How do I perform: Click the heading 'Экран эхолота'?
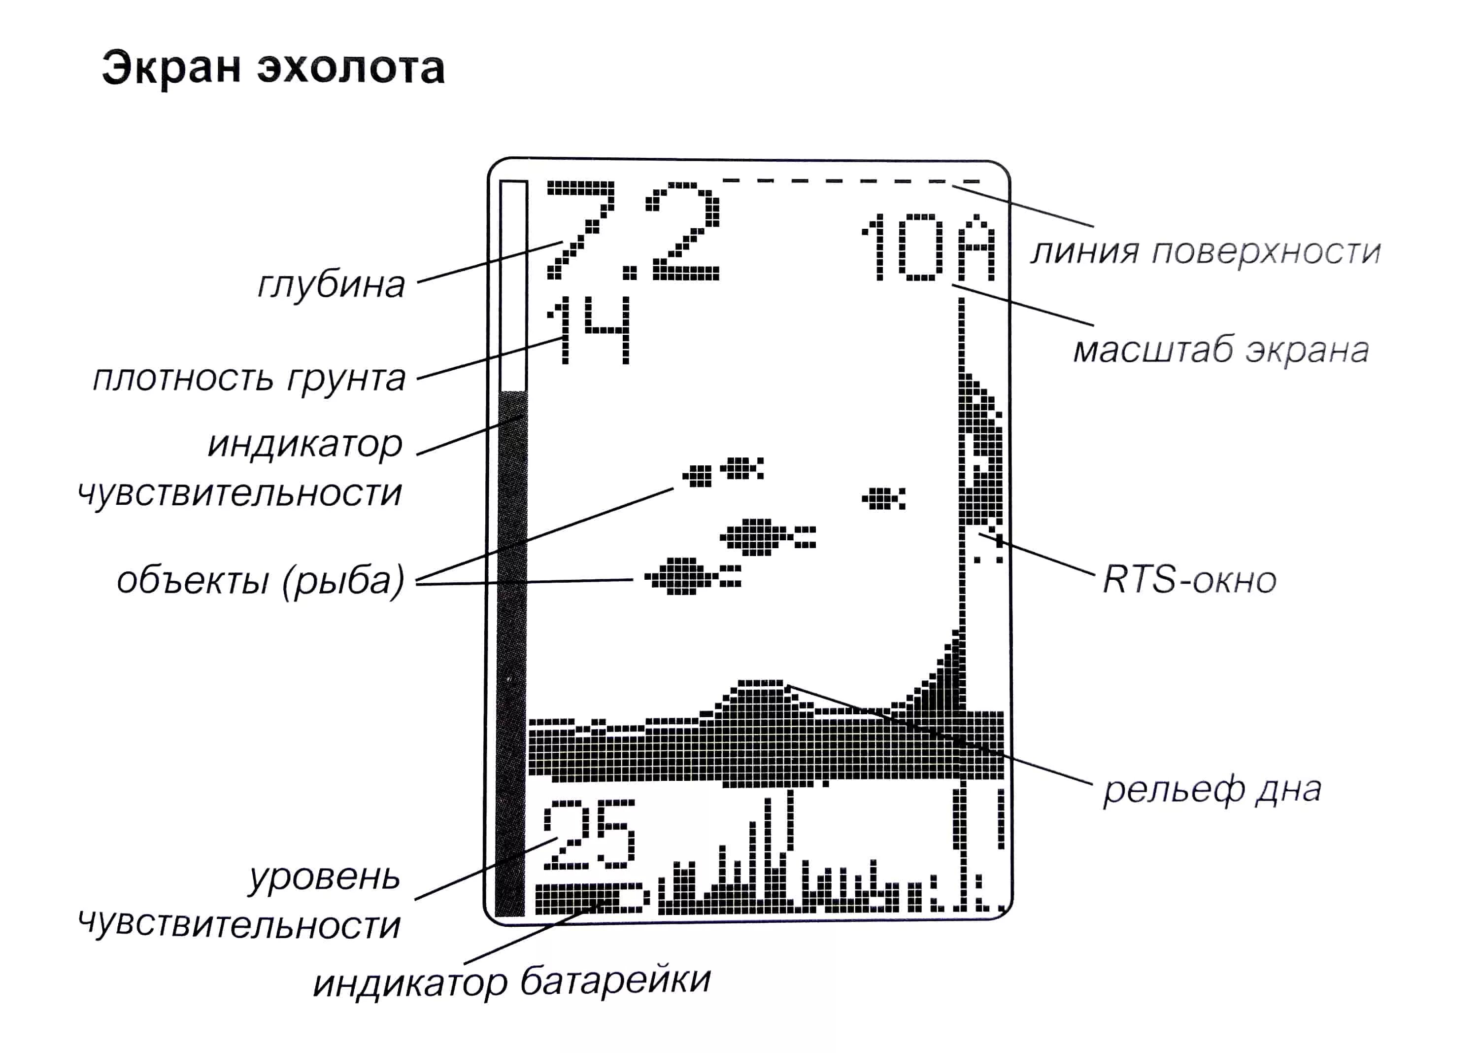[x=273, y=68]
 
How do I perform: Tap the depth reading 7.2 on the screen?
[x=633, y=232]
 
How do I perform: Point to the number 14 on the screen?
[x=588, y=330]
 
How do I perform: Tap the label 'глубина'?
[x=331, y=284]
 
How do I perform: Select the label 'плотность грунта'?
[x=249, y=378]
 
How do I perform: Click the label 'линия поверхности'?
[x=1205, y=251]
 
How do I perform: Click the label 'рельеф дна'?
[x=1211, y=790]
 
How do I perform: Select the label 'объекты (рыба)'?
[x=261, y=580]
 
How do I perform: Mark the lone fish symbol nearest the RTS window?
[x=883, y=498]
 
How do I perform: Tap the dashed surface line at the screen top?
[x=850, y=181]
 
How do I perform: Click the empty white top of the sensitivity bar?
[x=513, y=285]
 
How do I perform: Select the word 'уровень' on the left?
[x=324, y=878]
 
